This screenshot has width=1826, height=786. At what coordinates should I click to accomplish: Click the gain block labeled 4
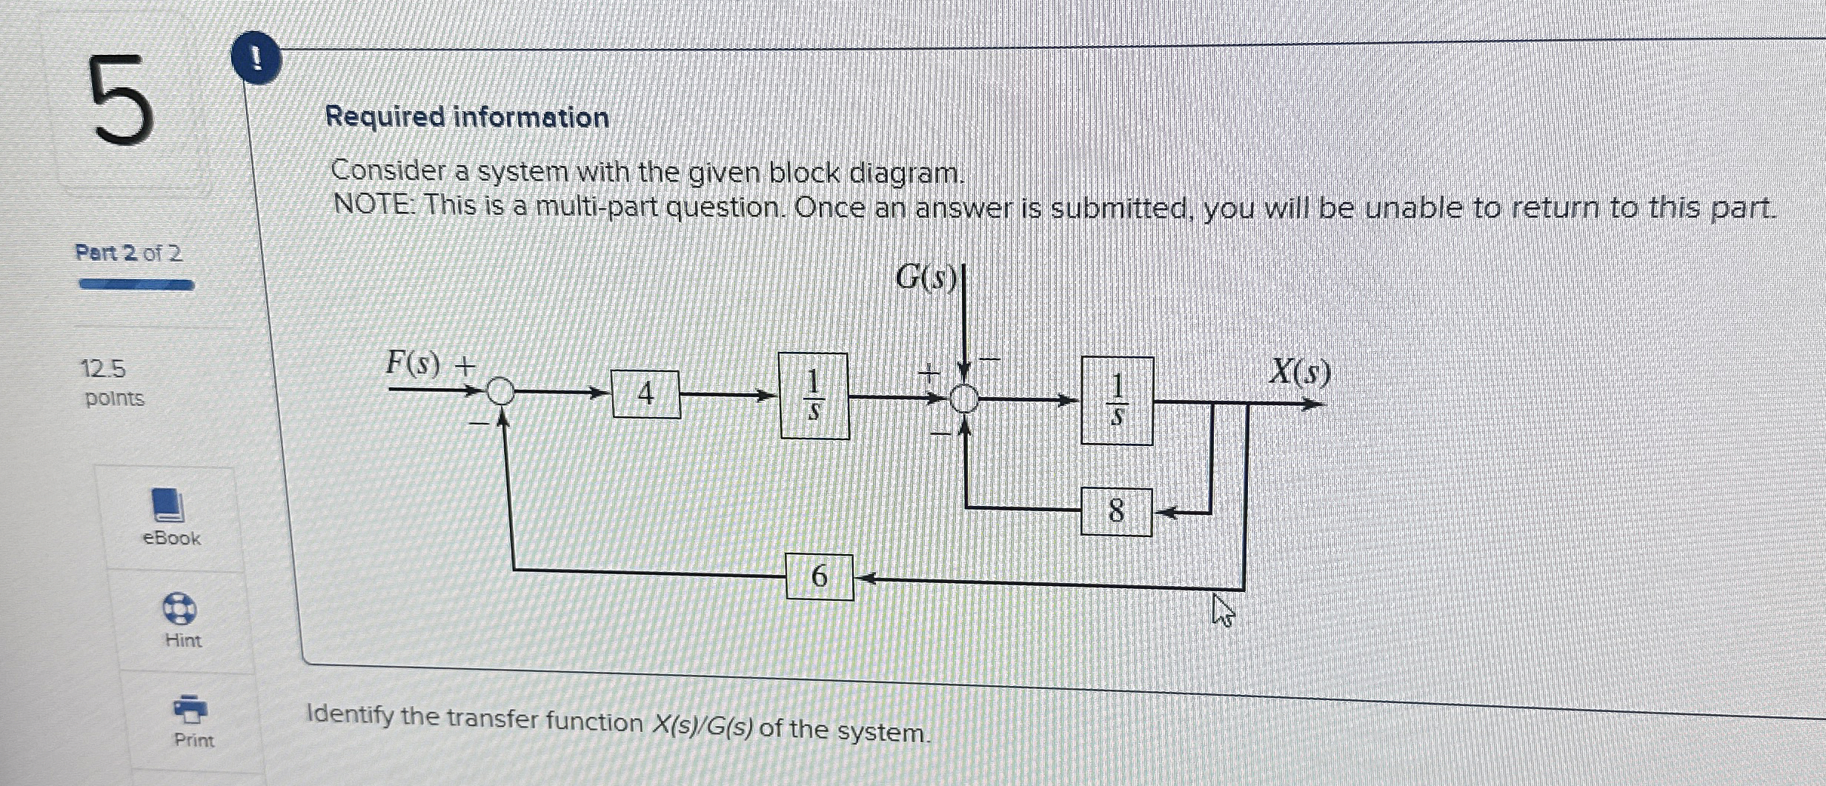click(645, 394)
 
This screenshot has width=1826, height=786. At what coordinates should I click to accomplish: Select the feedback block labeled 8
click(1116, 511)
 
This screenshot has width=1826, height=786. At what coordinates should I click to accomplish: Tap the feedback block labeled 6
click(819, 576)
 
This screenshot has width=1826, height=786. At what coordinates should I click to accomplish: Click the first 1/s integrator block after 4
click(814, 396)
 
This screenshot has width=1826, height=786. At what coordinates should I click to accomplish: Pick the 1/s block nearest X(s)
click(1117, 401)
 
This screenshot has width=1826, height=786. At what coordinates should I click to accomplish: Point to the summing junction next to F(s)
click(502, 390)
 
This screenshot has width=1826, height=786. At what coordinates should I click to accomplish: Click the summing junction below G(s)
click(963, 399)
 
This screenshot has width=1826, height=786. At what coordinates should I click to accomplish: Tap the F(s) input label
click(414, 364)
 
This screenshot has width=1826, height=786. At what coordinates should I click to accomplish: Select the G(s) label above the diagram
click(926, 277)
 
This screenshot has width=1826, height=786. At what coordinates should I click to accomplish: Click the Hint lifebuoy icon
click(179, 609)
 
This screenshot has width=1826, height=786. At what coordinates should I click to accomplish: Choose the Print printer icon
click(190, 708)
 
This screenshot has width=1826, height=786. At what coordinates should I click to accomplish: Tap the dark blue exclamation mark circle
click(256, 59)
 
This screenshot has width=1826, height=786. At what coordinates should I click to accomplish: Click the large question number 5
click(122, 100)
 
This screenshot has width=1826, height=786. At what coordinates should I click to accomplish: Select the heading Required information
click(467, 118)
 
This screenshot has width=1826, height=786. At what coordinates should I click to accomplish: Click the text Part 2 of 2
click(128, 253)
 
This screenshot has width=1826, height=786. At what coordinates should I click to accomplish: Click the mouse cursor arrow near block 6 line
click(1222, 611)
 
